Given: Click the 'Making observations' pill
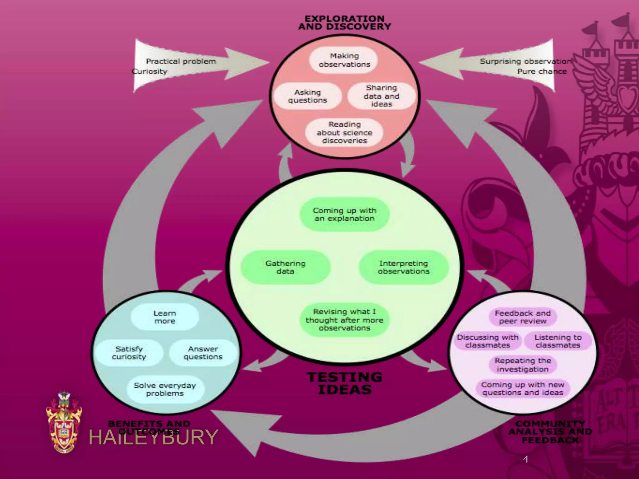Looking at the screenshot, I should pos(344,60).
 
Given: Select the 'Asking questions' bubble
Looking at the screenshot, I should pos(307,96).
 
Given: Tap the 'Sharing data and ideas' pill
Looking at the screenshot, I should pos(381,96).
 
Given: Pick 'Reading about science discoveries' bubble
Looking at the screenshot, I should pos(344,133).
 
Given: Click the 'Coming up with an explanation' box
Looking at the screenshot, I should pos(344,215).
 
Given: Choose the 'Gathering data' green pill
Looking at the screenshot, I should pos(285,267).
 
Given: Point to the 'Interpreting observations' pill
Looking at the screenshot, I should pos(403,267).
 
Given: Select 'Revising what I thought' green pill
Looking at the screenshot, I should pos(344,320).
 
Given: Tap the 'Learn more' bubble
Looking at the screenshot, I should pos(165,317).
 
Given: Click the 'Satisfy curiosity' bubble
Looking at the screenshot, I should pos(129,353).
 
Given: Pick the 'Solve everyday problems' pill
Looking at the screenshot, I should pos(165,389).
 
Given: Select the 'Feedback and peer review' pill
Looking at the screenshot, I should pos(523,317).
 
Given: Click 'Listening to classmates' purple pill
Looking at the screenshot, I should pos(558,341).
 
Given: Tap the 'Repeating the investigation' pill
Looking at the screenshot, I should pos(523,365).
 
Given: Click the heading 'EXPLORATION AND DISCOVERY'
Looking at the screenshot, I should pos(344,23).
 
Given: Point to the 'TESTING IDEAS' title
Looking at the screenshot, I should pos(344,383).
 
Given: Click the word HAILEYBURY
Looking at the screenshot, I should pos(153,437).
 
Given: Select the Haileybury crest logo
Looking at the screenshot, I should pos(64,423).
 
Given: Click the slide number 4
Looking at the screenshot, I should pos(526,459).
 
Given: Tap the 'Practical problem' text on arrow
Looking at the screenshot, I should pos(181,61).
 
